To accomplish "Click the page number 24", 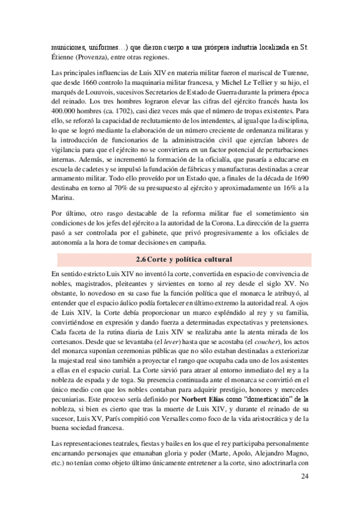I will pyautogui.click(x=304, y=477).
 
